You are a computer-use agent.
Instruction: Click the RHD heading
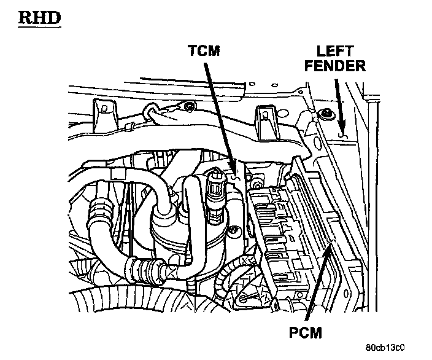[39, 18]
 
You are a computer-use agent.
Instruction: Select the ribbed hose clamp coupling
[142, 268]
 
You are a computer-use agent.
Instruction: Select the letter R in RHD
[26, 18]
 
